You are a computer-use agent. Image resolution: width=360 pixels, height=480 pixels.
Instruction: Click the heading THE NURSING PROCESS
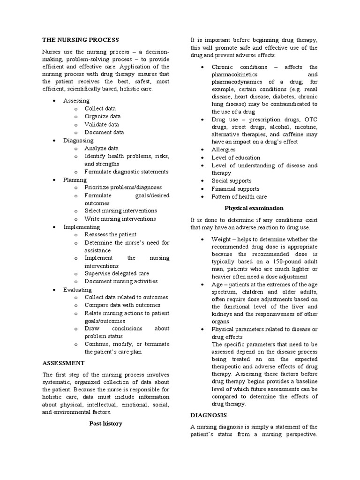(80, 40)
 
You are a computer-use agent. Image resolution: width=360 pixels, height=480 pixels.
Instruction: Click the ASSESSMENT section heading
(63, 363)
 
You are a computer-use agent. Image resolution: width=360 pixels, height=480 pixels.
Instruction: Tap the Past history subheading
(106, 423)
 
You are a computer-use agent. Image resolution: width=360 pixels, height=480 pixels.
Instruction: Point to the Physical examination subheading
(254, 208)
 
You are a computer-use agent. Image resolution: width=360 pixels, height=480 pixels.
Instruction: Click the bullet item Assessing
(76, 101)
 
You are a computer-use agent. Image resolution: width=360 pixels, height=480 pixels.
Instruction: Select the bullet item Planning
(75, 180)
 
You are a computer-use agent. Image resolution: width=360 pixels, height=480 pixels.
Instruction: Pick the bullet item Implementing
(82, 227)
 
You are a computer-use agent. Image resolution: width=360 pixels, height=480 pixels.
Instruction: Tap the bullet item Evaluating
(78, 290)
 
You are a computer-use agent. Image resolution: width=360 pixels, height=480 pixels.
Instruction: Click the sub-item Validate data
(102, 124)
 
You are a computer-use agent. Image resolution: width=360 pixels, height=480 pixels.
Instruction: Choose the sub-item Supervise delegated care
(117, 273)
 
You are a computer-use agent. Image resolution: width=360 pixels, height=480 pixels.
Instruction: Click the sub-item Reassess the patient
(110, 234)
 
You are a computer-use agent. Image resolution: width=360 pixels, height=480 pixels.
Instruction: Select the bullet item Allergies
(224, 150)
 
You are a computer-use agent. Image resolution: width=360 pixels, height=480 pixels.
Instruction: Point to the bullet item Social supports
(232, 180)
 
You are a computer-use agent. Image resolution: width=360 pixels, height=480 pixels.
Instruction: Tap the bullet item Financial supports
(235, 189)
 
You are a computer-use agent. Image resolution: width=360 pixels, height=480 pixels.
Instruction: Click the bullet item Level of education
(236, 157)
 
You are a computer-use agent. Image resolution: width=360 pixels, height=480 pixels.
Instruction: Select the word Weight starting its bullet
(221, 239)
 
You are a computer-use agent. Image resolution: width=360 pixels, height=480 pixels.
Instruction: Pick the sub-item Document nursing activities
(121, 281)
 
